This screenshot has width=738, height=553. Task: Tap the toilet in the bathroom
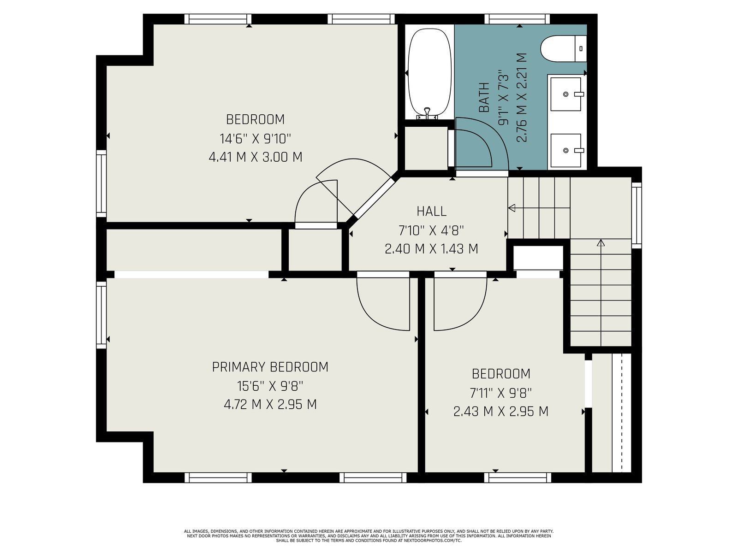tap(564, 49)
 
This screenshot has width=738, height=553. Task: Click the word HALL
tap(431, 211)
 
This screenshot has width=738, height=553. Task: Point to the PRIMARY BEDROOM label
tap(270, 367)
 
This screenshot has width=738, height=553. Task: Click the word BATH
tap(484, 97)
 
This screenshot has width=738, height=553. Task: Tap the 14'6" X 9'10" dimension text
tap(255, 138)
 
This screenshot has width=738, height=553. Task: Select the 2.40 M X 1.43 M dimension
tap(431, 249)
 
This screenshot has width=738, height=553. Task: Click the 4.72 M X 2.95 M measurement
tap(270, 404)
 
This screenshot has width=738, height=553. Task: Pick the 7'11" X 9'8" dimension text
tap(500, 393)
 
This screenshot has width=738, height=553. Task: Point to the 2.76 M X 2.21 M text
tap(522, 97)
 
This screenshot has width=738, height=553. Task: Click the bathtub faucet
tap(427, 113)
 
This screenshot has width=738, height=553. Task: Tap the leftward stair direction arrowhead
tap(512, 208)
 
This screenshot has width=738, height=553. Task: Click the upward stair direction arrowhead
tap(601, 242)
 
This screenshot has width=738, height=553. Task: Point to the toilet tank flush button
tap(581, 49)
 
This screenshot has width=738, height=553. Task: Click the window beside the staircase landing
tap(637, 215)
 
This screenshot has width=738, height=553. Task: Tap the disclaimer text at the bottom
tap(369, 536)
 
